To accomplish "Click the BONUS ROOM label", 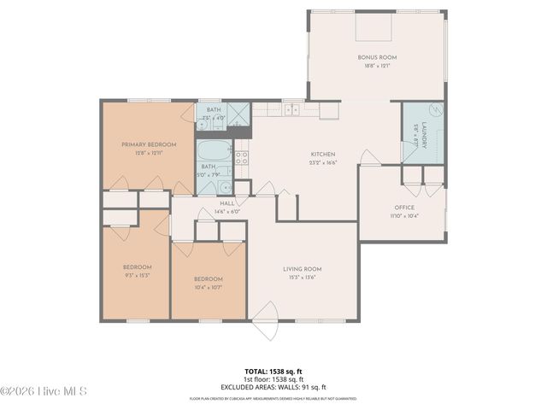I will (377, 57).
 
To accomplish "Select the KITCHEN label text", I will (323, 154).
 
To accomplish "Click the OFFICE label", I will (404, 208).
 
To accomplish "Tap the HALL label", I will (226, 203).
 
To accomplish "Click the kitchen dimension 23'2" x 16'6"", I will (323, 162).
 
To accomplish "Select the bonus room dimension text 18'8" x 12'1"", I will (377, 66).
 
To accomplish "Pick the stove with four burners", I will (242, 157).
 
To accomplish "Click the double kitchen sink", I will (293, 109).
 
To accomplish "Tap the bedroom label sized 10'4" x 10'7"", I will (208, 279).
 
